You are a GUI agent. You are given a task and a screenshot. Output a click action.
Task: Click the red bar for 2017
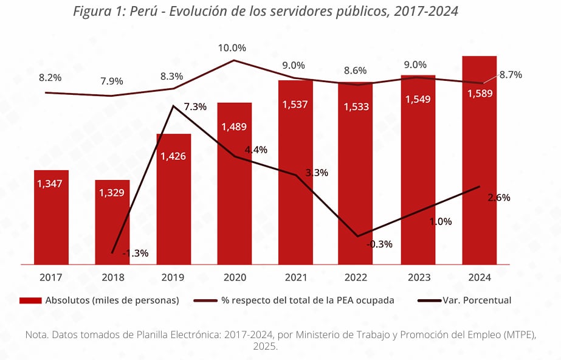point(51,217)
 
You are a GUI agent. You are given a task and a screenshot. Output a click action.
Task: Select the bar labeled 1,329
point(112,222)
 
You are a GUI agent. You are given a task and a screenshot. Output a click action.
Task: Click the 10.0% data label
point(233,48)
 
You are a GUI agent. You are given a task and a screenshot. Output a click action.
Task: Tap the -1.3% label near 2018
point(135,253)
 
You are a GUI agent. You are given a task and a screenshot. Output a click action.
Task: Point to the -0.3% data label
point(379,244)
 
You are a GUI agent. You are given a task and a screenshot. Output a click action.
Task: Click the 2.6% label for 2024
point(498,198)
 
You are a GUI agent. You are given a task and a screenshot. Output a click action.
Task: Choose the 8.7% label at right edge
point(511,75)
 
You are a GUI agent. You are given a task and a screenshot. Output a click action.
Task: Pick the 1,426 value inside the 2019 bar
point(173,156)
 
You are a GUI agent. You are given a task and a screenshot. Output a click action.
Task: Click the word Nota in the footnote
point(36,334)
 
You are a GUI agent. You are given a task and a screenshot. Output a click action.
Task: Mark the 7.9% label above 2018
point(111,81)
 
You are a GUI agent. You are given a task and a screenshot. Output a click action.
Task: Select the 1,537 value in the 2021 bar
point(295,104)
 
